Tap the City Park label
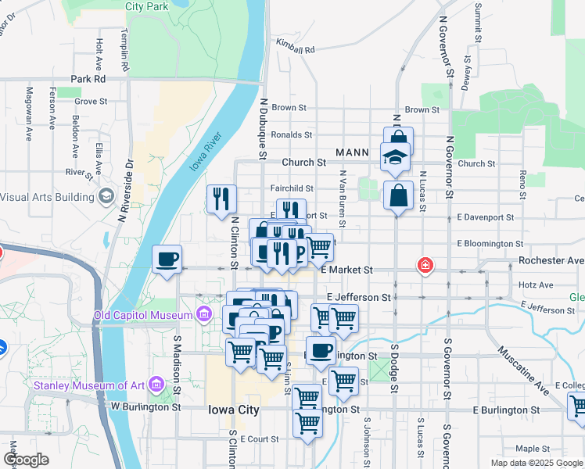(x=146, y=5)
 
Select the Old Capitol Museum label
(x=142, y=316)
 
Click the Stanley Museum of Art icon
(x=156, y=385)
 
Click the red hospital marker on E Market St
(x=425, y=266)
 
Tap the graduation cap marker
(x=395, y=158)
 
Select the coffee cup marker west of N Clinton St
(x=167, y=260)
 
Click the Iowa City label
(x=233, y=410)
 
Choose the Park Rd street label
(x=88, y=79)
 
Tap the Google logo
(x=26, y=459)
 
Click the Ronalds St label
(x=291, y=134)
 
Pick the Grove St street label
(x=91, y=102)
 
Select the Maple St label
(x=533, y=449)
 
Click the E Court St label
(x=260, y=439)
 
